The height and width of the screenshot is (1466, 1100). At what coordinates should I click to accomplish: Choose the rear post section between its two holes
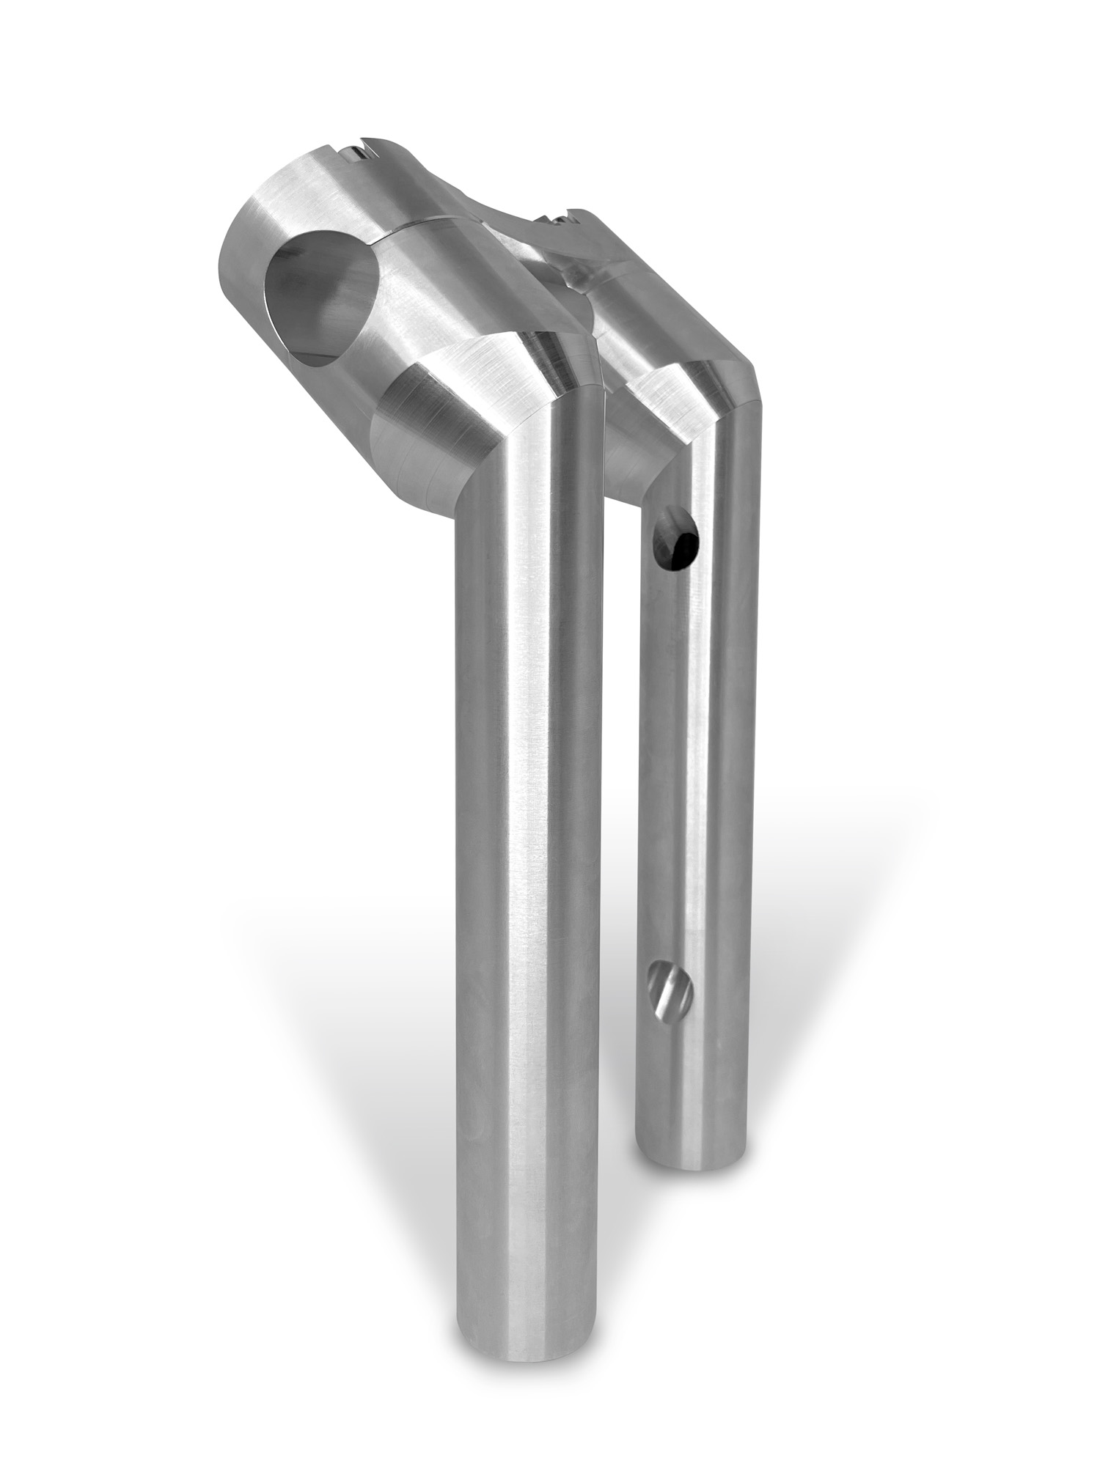[686, 770]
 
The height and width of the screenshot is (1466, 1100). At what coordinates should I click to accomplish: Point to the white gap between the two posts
[620, 953]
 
